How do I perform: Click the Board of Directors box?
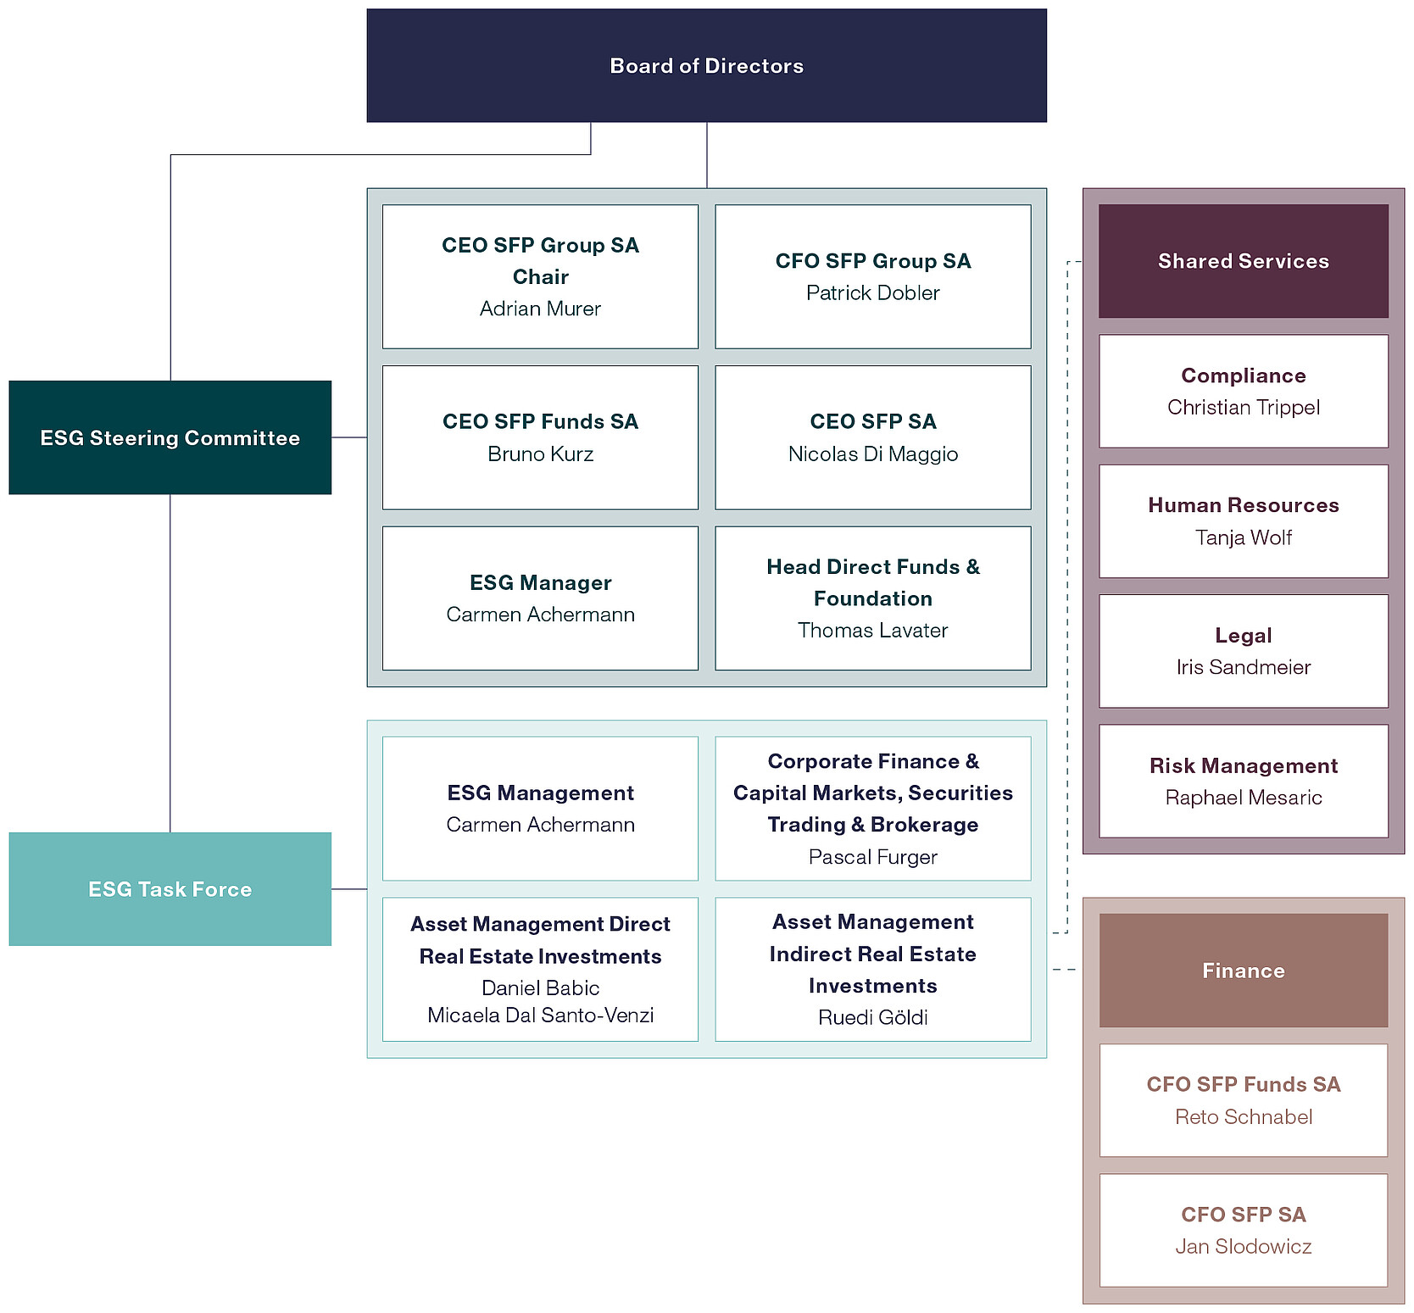[x=706, y=65]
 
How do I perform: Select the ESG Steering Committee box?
[x=170, y=437]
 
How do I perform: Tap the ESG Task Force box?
[x=170, y=888]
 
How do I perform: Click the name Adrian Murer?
[x=540, y=309]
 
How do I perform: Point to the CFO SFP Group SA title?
[x=873, y=261]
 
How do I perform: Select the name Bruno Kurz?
[x=540, y=453]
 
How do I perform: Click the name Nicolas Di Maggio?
[x=873, y=453]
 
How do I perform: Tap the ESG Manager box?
[x=540, y=598]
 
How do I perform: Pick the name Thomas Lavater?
[x=873, y=630]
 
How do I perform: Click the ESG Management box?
[x=540, y=809]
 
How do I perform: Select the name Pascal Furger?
[x=873, y=857]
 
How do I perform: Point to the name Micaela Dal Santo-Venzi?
[x=540, y=1015]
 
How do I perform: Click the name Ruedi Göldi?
[x=873, y=1017]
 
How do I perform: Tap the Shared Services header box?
[x=1244, y=261]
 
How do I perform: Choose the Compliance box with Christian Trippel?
[x=1244, y=391]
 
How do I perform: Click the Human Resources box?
[x=1244, y=521]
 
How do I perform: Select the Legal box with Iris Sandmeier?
[x=1244, y=651]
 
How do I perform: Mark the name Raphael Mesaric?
[x=1244, y=798]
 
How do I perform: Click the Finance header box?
[x=1244, y=971]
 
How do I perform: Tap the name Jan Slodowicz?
[x=1244, y=1246]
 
